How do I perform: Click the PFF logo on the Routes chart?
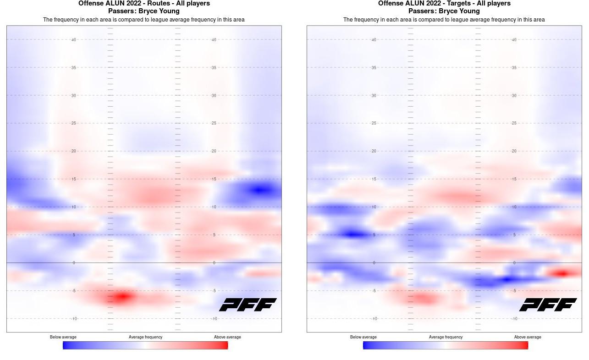point(248,305)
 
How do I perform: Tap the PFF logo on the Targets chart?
point(548,305)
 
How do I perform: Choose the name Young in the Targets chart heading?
point(468,11)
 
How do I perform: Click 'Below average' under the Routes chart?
point(63,337)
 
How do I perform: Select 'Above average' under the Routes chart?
point(227,337)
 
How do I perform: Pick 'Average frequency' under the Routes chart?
point(145,337)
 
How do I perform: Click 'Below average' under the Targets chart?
point(363,337)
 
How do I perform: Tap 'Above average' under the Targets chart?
point(528,337)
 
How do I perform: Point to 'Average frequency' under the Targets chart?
point(446,337)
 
